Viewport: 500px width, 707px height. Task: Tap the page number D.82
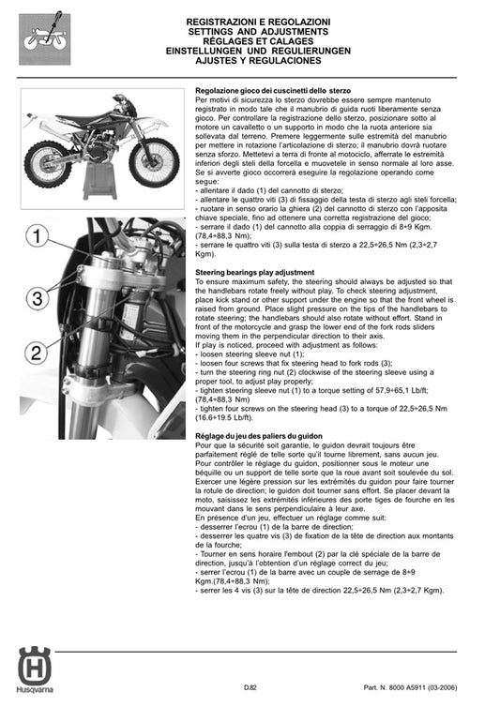pyautogui.click(x=249, y=689)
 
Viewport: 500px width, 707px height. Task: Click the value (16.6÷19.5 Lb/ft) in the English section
pyautogui.click(x=226, y=418)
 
